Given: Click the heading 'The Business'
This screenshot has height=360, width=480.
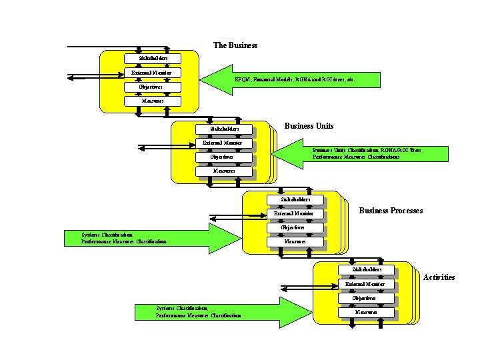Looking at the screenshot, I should (x=235, y=45).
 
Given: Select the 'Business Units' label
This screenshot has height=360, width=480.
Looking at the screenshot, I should (x=309, y=126).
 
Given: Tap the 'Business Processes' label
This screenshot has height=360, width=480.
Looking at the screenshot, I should (x=391, y=211).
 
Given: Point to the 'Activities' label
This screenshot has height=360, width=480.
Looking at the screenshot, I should (x=439, y=277).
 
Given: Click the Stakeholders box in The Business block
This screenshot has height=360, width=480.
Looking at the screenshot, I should (x=153, y=59).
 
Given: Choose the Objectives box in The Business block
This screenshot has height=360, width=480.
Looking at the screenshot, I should (x=153, y=87).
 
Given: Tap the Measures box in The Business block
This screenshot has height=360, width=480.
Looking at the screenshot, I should (x=153, y=101).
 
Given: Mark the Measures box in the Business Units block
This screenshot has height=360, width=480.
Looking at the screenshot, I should (x=223, y=171).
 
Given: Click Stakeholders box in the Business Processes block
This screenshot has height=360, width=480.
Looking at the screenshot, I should (x=295, y=199).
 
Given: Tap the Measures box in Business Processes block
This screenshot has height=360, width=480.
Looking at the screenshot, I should (x=295, y=241).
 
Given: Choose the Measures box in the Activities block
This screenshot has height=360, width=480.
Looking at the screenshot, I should (x=366, y=312).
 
